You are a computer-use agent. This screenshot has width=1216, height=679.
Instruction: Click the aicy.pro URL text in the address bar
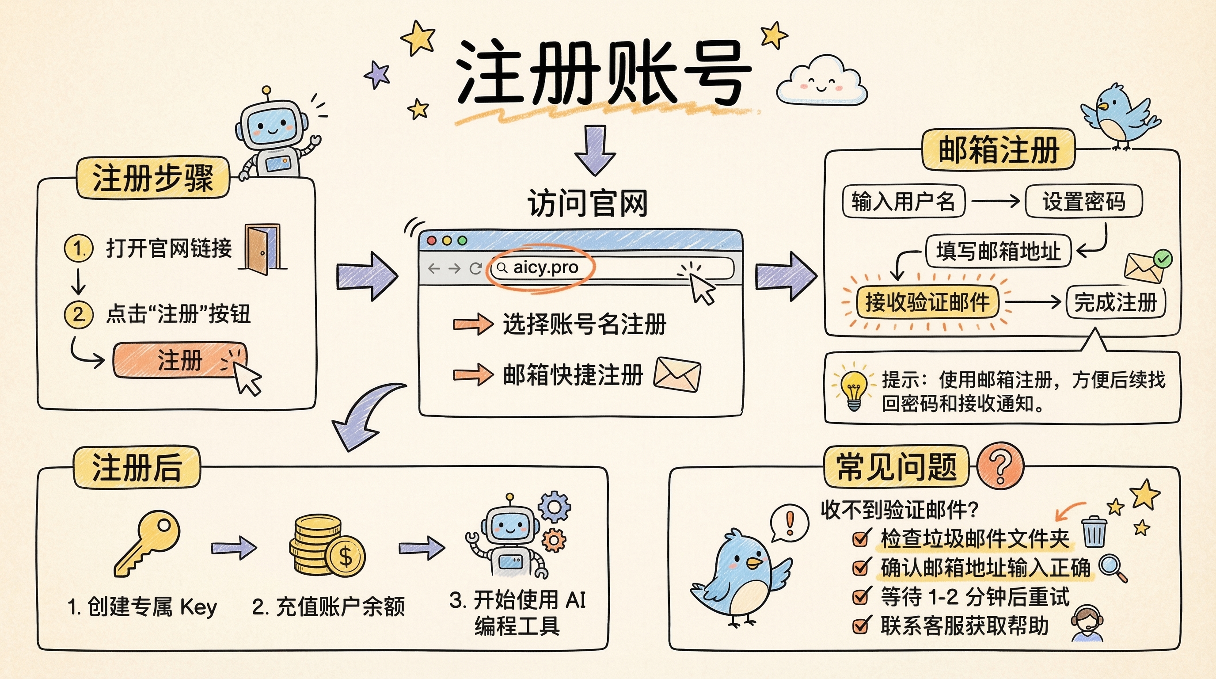tap(545, 268)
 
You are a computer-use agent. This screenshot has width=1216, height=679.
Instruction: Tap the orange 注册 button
tap(180, 360)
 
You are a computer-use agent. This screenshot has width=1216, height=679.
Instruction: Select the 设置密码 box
tap(1083, 202)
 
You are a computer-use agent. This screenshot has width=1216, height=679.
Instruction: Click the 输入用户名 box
tap(903, 202)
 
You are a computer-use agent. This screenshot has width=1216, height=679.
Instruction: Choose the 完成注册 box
tap(1115, 302)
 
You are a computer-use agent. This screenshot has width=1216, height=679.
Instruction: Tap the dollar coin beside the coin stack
tap(346, 557)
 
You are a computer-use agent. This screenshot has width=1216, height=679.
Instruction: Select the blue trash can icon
tap(1094, 532)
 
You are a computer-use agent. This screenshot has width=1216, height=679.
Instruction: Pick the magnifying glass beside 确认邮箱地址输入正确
tap(1112, 567)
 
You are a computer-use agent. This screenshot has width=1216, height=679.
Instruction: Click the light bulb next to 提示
tap(854, 389)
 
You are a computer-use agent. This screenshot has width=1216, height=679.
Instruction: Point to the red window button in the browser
tap(431, 241)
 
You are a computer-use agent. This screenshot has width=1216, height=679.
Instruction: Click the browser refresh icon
tap(475, 269)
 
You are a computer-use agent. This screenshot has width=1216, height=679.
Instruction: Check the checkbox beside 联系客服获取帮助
tap(861, 626)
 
